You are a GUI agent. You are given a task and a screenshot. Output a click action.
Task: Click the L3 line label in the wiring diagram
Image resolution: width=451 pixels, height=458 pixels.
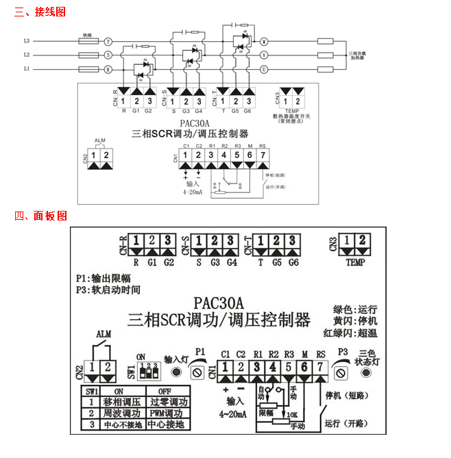click(x=27, y=41)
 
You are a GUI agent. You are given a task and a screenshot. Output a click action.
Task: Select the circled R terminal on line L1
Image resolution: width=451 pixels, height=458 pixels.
click(x=108, y=69)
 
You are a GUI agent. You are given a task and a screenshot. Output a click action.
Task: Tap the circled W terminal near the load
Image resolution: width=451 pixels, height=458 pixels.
click(x=264, y=41)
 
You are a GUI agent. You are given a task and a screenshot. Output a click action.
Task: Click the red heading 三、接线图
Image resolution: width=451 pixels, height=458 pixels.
click(x=40, y=12)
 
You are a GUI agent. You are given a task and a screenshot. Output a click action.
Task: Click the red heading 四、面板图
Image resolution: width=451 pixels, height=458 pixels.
click(x=40, y=216)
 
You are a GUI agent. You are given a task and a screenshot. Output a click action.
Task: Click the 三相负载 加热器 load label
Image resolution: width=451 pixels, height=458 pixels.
click(x=360, y=55)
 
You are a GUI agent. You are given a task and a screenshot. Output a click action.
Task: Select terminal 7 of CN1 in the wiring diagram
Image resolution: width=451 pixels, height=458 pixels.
click(x=263, y=155)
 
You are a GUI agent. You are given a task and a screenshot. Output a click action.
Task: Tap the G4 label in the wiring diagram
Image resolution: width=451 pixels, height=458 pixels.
click(x=199, y=110)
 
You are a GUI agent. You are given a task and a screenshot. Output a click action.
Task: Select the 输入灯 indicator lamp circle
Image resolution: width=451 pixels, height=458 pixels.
click(x=176, y=372)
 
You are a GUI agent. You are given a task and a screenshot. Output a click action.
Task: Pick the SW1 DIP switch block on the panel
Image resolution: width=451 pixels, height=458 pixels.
click(x=147, y=372)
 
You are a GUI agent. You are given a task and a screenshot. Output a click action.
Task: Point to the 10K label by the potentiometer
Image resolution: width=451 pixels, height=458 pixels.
click(x=292, y=415)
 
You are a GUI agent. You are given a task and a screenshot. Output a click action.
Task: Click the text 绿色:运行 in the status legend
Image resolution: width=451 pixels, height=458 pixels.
click(x=354, y=309)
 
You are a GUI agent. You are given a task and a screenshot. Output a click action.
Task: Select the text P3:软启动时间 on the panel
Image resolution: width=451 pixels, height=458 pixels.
click(x=108, y=290)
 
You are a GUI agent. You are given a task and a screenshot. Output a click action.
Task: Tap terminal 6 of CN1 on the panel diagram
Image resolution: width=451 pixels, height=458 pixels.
click(x=304, y=366)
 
